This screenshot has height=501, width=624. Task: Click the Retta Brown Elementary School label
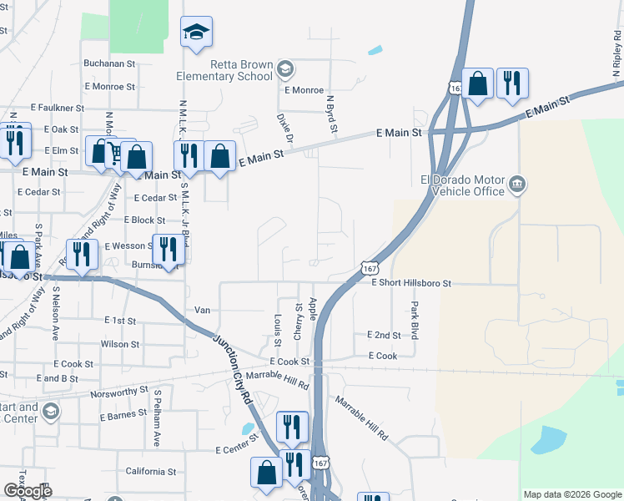point(224,70)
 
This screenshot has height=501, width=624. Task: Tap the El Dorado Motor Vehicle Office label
point(463,185)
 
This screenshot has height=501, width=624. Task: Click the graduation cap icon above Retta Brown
point(197,33)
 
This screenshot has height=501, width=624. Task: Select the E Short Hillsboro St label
point(411,284)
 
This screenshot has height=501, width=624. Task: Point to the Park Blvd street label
point(414,321)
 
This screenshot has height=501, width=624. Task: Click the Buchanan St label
point(108,63)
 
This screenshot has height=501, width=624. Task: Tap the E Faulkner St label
point(58,108)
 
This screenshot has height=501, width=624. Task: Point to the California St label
point(150,471)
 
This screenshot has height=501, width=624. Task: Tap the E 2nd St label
point(384,335)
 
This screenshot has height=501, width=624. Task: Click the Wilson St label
point(120,344)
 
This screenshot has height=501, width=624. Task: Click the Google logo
point(28,491)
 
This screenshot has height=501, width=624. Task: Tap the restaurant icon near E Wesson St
point(81,253)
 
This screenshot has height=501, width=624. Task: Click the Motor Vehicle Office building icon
point(516,184)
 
